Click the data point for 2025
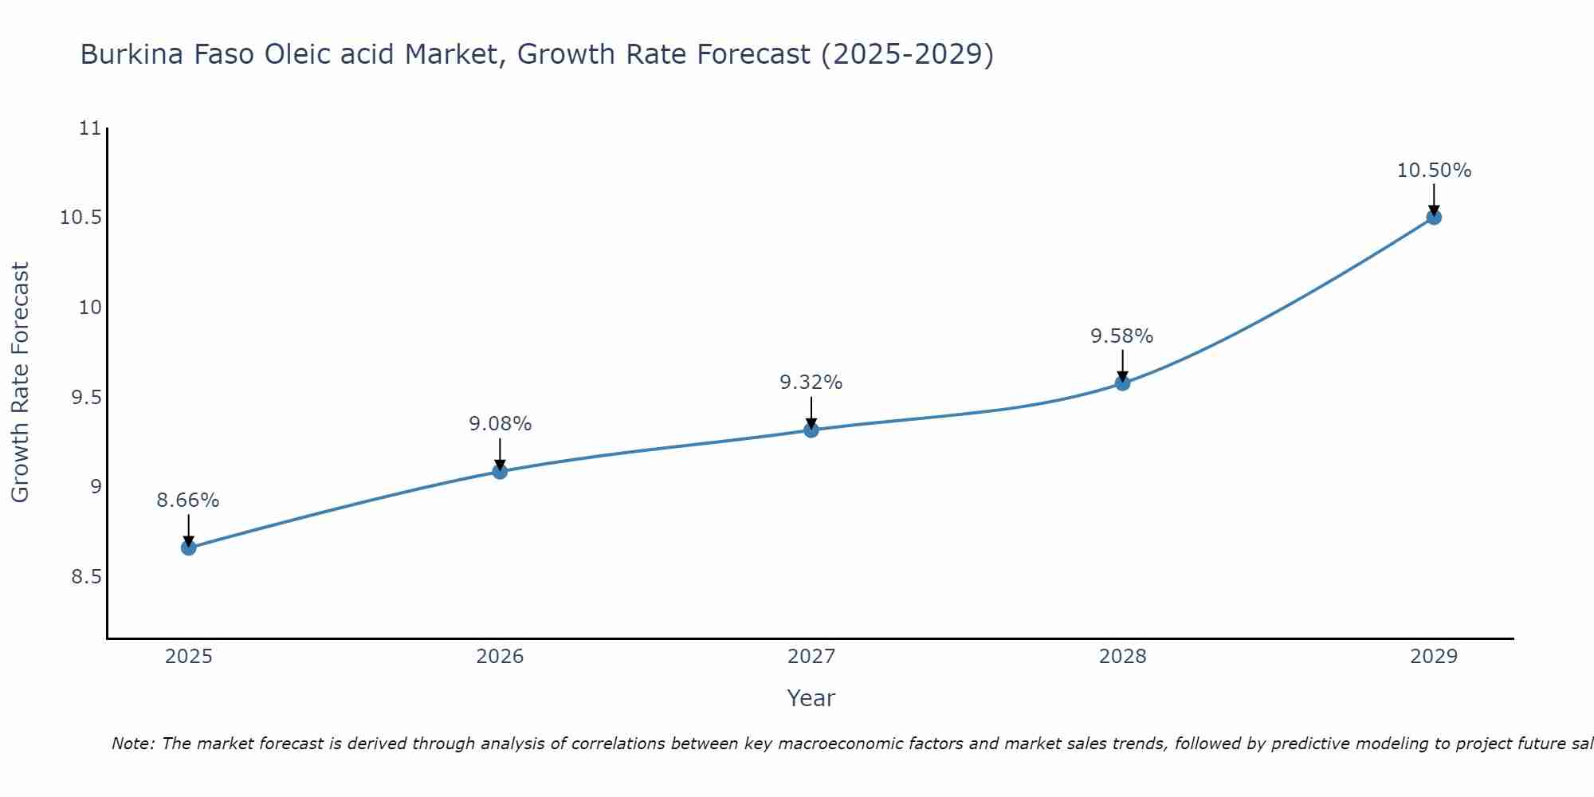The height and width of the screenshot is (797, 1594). point(189,548)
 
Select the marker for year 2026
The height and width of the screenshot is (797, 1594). point(500,471)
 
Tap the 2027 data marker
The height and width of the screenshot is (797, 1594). point(811,430)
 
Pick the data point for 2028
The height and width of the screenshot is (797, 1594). point(1122,383)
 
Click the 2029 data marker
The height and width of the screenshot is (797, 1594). point(1434,217)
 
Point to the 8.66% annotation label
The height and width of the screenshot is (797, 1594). point(188,501)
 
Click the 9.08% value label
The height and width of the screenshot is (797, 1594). point(500,424)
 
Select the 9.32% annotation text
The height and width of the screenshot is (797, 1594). point(811,383)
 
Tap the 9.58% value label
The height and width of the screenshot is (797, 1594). point(1121,336)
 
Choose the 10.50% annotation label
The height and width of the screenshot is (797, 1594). point(1434,171)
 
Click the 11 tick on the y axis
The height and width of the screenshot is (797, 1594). point(92,128)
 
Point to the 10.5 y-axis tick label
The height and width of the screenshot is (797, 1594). point(82,218)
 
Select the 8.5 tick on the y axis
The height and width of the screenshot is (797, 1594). point(87,576)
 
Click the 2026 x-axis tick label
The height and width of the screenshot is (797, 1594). point(500,657)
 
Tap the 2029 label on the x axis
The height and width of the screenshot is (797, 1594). point(1434,657)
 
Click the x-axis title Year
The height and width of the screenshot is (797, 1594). point(811,698)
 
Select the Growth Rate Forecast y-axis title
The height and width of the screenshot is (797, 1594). point(20,383)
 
